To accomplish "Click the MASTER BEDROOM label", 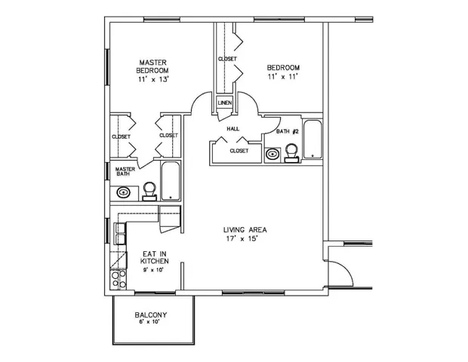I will (x=152, y=66).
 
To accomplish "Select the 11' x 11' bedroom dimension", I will (x=283, y=77).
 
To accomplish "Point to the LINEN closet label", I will (x=225, y=103).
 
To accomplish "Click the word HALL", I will (x=233, y=129).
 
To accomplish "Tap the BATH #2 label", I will (x=288, y=131).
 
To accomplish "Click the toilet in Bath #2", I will (x=291, y=152).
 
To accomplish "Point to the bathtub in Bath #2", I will (x=313, y=140).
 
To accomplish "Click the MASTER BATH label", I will (x=125, y=173).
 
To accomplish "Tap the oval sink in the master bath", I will (x=125, y=193).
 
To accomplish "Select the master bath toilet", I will (x=149, y=190).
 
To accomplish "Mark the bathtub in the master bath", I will (x=171, y=181).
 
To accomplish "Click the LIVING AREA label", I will (x=245, y=230).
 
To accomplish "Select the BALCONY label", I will (x=151, y=314).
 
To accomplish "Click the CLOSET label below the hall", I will (x=239, y=151).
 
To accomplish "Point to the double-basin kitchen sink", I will (x=119, y=235).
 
